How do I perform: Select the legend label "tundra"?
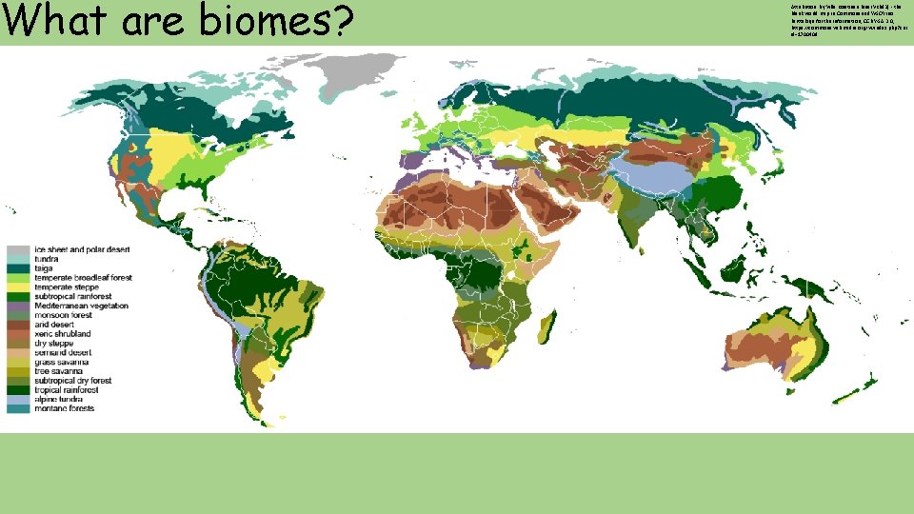pos(47,259)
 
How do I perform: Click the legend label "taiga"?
pos(45,268)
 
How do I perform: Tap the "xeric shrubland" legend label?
pos(63,333)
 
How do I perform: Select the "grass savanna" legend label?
pos(60,362)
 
